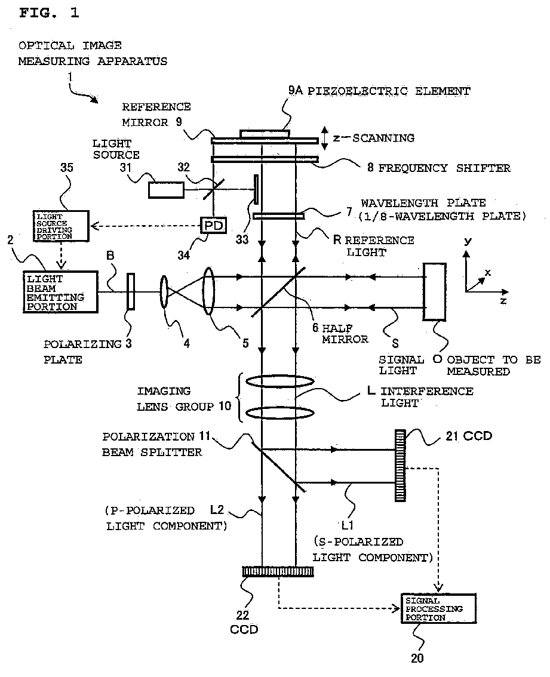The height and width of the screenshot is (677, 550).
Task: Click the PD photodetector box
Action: (x=214, y=225)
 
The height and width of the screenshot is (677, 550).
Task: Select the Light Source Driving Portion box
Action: (x=61, y=226)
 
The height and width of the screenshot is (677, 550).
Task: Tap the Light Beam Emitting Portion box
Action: (x=60, y=292)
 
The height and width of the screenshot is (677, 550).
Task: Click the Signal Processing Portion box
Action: (x=438, y=608)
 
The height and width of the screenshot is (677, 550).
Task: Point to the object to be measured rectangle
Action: (x=435, y=291)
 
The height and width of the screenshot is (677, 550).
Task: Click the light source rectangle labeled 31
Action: (x=166, y=190)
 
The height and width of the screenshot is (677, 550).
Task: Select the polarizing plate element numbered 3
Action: (x=131, y=291)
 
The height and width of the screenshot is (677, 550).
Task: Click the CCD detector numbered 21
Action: (x=401, y=465)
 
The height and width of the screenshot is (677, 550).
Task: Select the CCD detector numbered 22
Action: (x=278, y=572)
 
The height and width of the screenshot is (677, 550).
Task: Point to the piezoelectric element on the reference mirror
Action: (x=265, y=134)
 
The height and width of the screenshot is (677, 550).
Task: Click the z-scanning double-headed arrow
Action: (x=325, y=138)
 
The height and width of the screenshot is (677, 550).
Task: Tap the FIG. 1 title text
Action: (x=49, y=13)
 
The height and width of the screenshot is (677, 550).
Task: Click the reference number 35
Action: (x=66, y=168)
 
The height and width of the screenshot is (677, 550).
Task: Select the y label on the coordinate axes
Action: (x=468, y=241)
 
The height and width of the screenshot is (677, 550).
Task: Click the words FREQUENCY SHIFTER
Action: (x=444, y=168)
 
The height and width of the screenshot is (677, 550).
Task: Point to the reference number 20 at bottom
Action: (x=417, y=658)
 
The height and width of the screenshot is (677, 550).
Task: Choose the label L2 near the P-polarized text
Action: (x=217, y=509)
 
